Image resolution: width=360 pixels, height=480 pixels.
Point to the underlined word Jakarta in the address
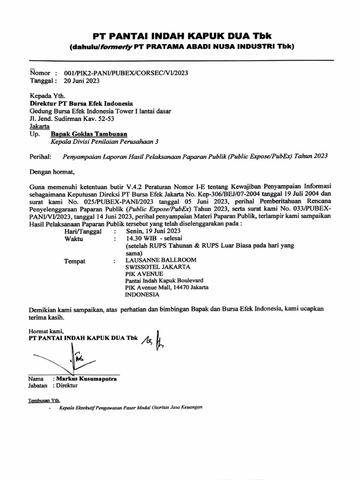[x=40, y=126]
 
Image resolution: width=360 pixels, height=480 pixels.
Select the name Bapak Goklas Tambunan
[x=88, y=134]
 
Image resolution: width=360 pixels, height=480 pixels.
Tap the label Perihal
[x=39, y=156]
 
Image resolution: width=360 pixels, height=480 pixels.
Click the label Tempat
[x=75, y=261]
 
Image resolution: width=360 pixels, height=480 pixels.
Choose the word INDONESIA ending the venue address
[x=142, y=295]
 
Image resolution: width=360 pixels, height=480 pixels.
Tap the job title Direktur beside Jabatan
[x=67, y=386]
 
